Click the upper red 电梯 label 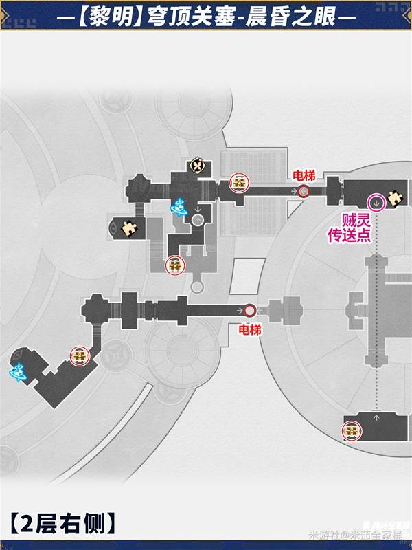click(304, 175)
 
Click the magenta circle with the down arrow click(376, 202)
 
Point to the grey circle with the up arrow click(198, 220)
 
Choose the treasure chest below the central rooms click(174, 265)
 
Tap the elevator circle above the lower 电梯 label click(250, 311)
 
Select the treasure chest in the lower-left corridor click(80, 355)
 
